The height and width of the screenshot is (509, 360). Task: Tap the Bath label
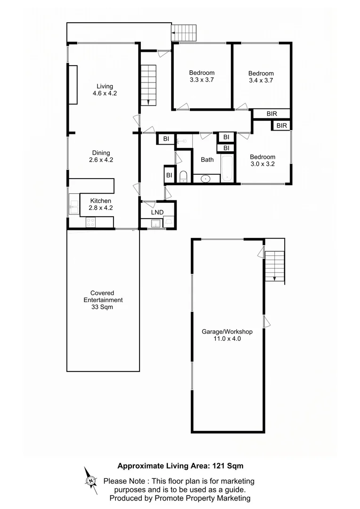pyautogui.click(x=207, y=160)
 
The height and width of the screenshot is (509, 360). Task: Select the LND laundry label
pyautogui.click(x=157, y=213)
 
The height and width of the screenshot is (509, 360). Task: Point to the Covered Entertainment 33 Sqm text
pyautogui.click(x=103, y=300)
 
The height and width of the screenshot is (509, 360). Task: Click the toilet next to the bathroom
pyautogui.click(x=183, y=177)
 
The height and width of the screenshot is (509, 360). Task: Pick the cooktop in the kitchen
pyautogui.click(x=90, y=222)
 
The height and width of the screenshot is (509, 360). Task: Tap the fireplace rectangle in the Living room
pyautogui.click(x=73, y=84)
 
